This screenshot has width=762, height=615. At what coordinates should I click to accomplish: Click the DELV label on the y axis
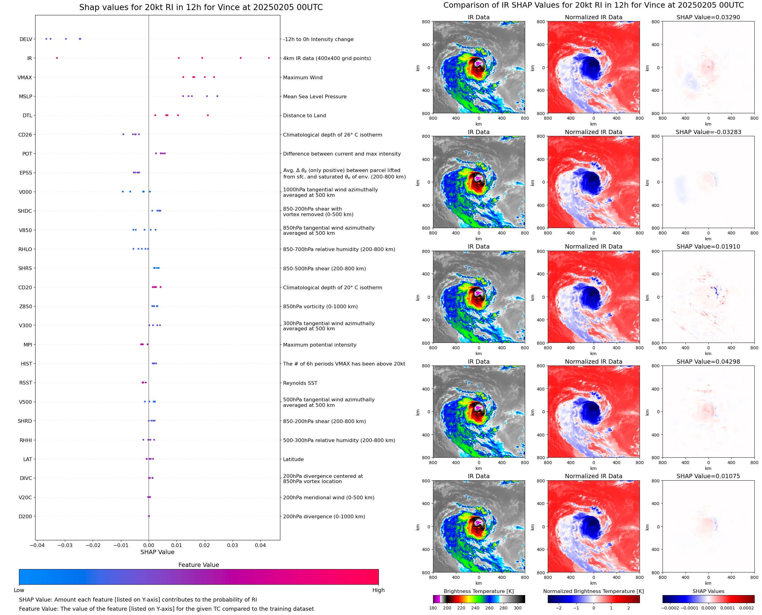pyautogui.click(x=25, y=39)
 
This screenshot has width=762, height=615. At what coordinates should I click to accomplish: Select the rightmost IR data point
pyautogui.click(x=269, y=58)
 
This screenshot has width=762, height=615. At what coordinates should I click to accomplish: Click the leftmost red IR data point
pyautogui.click(x=57, y=58)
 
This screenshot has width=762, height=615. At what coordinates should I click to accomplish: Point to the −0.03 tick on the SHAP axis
pyautogui.click(x=65, y=545)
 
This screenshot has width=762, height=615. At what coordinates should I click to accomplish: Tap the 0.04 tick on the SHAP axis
pyautogui.click(x=260, y=545)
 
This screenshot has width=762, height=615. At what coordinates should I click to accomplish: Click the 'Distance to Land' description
pyautogui.click(x=304, y=115)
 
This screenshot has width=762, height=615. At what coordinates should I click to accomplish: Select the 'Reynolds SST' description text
pyautogui.click(x=300, y=383)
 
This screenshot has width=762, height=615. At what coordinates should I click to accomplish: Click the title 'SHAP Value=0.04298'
pyautogui.click(x=708, y=362)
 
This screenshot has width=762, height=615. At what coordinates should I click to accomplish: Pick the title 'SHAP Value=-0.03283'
pyautogui.click(x=708, y=132)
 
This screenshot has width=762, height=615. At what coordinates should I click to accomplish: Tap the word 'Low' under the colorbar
pyautogui.click(x=19, y=590)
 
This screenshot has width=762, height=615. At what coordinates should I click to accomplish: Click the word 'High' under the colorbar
pyautogui.click(x=378, y=590)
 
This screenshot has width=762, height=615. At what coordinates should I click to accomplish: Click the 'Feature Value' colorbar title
pyautogui.click(x=199, y=565)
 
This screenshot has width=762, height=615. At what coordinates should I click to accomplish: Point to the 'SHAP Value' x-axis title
pyautogui.click(x=157, y=552)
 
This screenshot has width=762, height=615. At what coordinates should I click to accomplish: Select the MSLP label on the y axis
pyautogui.click(x=25, y=96)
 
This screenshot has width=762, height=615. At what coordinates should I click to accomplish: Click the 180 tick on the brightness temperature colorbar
pyautogui.click(x=433, y=608)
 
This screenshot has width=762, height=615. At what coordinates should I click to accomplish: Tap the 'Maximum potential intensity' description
pyautogui.click(x=319, y=345)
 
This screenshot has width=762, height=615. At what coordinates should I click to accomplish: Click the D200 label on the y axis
pyautogui.click(x=25, y=516)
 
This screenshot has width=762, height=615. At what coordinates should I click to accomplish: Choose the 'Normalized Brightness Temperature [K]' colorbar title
pyautogui.click(x=593, y=591)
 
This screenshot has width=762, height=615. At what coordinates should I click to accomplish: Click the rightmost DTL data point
pyautogui.click(x=208, y=115)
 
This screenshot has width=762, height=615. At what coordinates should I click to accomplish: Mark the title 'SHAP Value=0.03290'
pyautogui.click(x=708, y=17)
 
